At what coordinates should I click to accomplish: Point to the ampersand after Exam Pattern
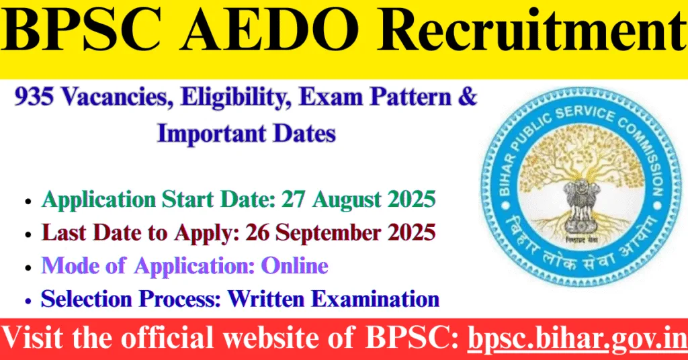pyautogui.click(x=470, y=98)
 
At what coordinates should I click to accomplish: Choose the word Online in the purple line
pyautogui.click(x=294, y=265)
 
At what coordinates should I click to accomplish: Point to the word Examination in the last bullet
pyautogui.click(x=376, y=298)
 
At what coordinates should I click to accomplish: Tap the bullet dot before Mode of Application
pyautogui.click(x=27, y=267)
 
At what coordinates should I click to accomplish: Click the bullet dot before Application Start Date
pyautogui.click(x=27, y=201)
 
